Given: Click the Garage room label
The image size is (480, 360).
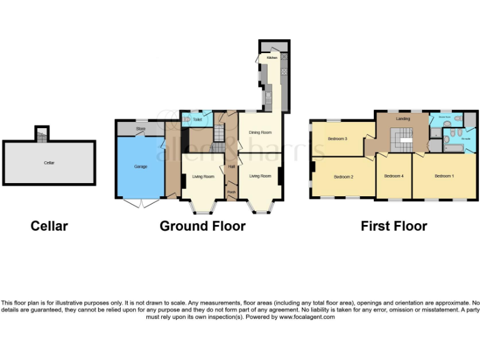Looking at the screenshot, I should point(140,167).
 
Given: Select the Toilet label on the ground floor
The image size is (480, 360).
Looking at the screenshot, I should point(197,119).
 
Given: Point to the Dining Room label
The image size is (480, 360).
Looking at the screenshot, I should point(260,132).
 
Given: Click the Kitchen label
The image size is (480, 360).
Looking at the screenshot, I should point(272,57).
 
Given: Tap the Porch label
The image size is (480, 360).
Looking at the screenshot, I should point(231,191).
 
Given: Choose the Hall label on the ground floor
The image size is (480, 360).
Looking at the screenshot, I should point(231,166).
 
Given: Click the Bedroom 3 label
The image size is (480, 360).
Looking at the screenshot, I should point(337,139).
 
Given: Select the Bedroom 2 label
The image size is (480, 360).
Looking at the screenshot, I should point(343,177).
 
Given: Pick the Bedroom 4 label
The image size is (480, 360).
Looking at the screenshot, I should point(394,176).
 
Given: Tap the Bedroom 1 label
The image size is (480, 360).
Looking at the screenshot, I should point(444,176).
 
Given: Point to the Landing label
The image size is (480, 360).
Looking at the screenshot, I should point(402,118).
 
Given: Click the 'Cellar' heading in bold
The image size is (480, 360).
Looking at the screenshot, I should point(49,226).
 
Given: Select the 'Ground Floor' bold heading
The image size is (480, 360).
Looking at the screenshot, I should point(202,226).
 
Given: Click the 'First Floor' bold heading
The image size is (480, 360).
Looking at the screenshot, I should point(394,226).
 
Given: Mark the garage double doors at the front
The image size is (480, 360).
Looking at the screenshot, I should point(141,202).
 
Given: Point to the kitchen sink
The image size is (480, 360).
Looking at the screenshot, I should point(268,97).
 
